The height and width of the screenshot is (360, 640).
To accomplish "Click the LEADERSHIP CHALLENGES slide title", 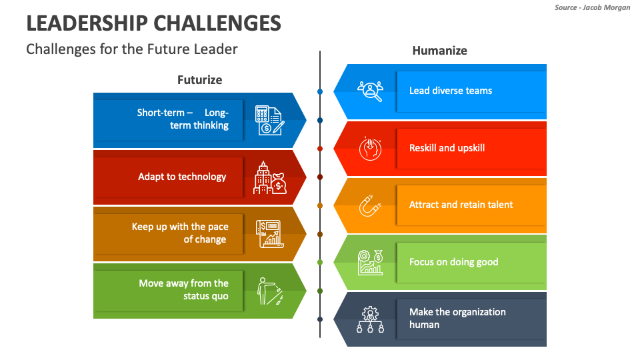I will [153, 23].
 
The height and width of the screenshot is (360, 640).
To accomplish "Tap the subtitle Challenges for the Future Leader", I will [131, 49].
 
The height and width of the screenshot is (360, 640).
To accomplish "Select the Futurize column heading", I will [199, 80].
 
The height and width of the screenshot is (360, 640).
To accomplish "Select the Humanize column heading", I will [439, 51].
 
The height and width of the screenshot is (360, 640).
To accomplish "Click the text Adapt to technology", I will [182, 177].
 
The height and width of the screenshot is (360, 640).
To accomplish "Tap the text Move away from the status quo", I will [183, 289].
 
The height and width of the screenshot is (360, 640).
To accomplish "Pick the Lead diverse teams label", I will [451, 91].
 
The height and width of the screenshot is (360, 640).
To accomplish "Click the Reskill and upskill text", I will [447, 148].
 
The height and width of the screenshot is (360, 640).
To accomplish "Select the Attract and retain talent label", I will [461, 205].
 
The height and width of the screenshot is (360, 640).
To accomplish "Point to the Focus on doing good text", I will [453, 262].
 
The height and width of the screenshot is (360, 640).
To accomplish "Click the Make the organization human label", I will [457, 318].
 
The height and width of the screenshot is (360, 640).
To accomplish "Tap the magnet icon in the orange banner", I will [370, 206].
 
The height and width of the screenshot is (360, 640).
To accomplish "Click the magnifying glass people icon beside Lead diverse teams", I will [370, 91].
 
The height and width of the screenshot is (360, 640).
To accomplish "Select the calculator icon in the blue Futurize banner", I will [270, 120].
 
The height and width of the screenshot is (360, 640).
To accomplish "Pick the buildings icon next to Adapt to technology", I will [270, 177].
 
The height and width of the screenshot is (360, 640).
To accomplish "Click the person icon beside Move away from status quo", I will [270, 291].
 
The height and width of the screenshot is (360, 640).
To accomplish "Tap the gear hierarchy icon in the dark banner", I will [370, 319].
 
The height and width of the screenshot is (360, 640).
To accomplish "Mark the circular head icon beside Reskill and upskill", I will [370, 149].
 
